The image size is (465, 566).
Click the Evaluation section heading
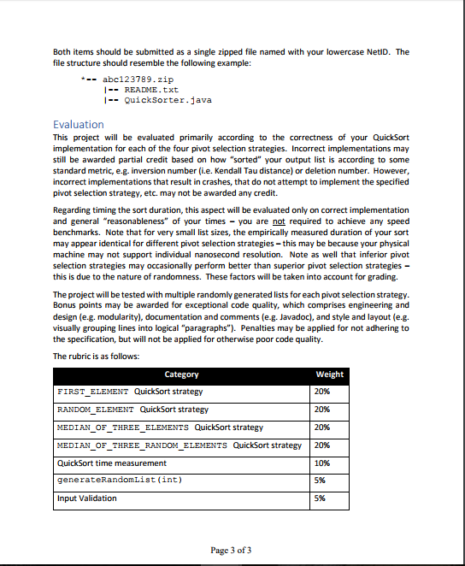pos(79,124)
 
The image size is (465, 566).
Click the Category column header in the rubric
pos(181,374)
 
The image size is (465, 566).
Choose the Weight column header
pos(329,374)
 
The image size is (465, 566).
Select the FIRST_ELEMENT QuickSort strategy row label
pos(130,392)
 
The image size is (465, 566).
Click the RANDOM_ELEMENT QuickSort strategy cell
pos(132,410)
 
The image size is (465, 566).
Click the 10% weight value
pos(322,463)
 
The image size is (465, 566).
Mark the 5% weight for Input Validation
pos(321,498)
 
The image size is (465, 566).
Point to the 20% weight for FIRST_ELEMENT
pos(322,392)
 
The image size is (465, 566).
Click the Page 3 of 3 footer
pos(231,549)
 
